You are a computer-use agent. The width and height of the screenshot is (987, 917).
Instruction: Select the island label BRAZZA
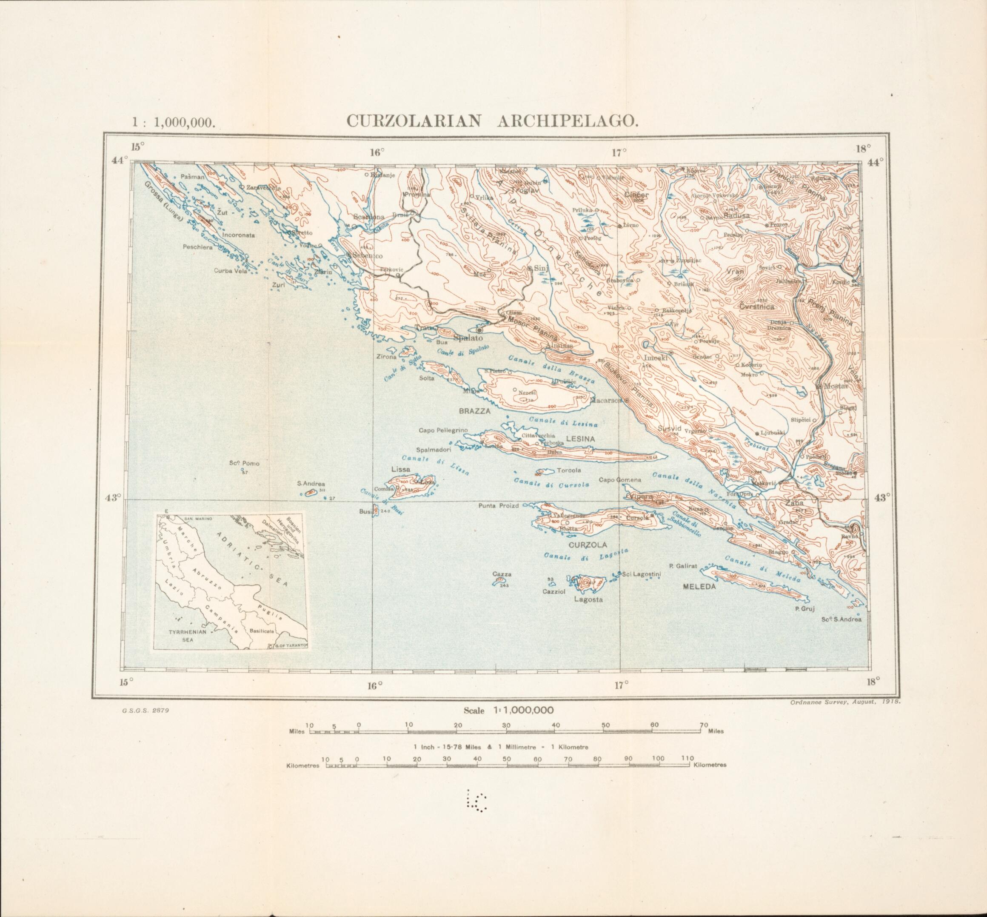pyautogui.click(x=474, y=411)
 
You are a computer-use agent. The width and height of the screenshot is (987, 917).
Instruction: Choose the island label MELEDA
pyautogui.click(x=700, y=586)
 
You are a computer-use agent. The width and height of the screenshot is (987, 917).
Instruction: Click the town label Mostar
pyautogui.click(x=836, y=386)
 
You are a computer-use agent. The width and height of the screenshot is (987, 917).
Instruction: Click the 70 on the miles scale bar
pyautogui.click(x=703, y=725)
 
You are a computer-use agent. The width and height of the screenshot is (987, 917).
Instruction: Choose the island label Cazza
pyautogui.click(x=502, y=574)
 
